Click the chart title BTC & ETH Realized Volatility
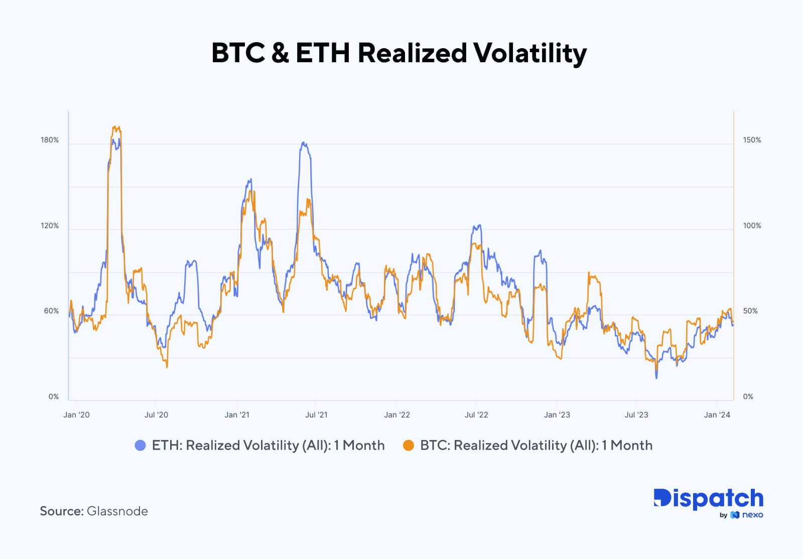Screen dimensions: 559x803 click(399, 53)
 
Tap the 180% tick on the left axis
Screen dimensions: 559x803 click(50, 140)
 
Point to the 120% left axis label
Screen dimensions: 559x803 click(50, 226)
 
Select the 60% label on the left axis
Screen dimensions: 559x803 click(51, 311)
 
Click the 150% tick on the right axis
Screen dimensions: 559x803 click(752, 140)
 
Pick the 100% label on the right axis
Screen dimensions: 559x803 click(752, 226)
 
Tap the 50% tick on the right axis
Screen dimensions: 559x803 click(750, 311)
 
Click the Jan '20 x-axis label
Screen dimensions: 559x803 click(77, 414)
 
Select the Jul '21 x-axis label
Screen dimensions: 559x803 click(316, 414)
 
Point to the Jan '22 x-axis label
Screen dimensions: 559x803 click(397, 414)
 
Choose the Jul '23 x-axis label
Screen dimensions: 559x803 click(636, 414)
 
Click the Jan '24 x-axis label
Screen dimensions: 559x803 click(717, 414)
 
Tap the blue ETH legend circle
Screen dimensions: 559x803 click(141, 445)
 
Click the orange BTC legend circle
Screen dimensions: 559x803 click(409, 445)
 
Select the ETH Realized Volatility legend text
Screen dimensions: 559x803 click(268, 445)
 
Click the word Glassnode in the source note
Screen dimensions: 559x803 click(117, 511)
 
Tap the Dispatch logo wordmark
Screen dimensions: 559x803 click(708, 499)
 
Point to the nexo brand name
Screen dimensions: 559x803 click(752, 515)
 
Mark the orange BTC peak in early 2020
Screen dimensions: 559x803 click(116, 127)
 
